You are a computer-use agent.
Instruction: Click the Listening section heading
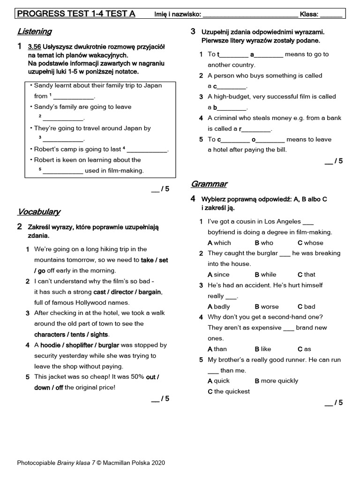(34, 31)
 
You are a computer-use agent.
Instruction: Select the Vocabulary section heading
(39, 211)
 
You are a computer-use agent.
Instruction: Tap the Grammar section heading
(209, 184)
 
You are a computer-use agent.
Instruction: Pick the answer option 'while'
(268, 275)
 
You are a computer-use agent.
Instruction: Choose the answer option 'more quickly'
(279, 381)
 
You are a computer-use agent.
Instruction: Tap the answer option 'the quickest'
(232, 391)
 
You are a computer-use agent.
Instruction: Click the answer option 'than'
(220, 349)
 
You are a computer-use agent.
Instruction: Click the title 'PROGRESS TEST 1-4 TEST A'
(76, 14)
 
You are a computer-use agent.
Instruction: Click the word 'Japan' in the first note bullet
(153, 85)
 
